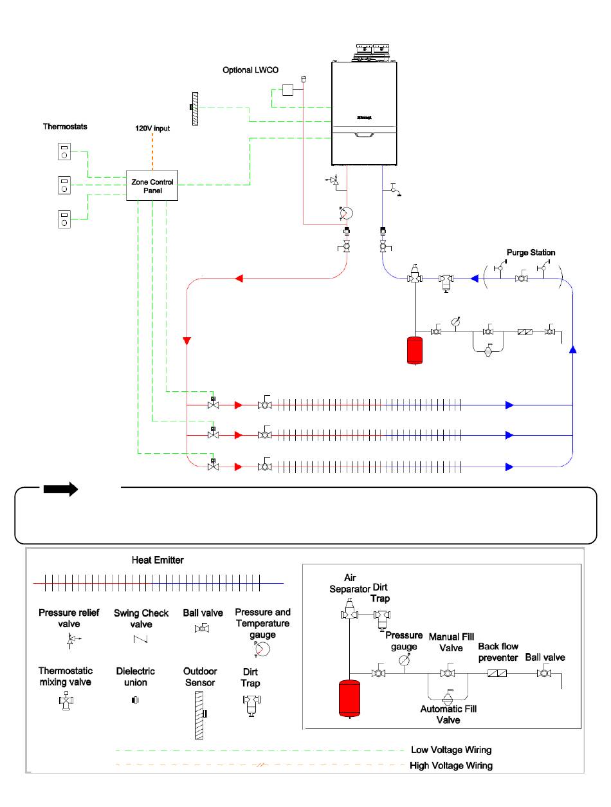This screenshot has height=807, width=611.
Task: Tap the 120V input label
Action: [152, 128]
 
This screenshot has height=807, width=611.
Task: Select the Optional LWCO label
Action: [250, 70]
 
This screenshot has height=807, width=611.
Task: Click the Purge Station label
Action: [531, 252]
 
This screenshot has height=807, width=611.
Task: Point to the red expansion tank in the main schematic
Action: [414, 350]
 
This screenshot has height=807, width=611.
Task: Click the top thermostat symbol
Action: [64, 151]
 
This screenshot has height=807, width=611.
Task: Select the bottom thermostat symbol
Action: [64, 219]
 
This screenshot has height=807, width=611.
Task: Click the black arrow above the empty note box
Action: [60, 489]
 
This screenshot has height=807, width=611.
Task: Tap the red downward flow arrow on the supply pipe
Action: [187, 341]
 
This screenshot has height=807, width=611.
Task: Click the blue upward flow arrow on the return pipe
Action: [572, 349]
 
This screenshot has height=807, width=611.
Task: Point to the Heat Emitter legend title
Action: [157, 560]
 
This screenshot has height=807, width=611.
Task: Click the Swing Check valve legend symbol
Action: [140, 639]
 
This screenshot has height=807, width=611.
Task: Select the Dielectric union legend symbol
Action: [135, 700]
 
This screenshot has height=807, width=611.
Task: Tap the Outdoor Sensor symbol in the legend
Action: [200, 715]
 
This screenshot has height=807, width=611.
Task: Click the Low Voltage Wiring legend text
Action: [451, 749]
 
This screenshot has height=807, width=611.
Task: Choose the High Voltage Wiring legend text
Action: [451, 765]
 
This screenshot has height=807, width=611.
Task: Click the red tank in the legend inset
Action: [349, 698]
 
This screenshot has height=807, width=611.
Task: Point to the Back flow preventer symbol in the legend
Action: [497, 673]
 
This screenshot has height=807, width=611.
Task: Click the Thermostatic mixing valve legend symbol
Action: [66, 700]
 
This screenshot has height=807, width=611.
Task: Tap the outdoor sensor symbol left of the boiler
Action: [194, 109]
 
